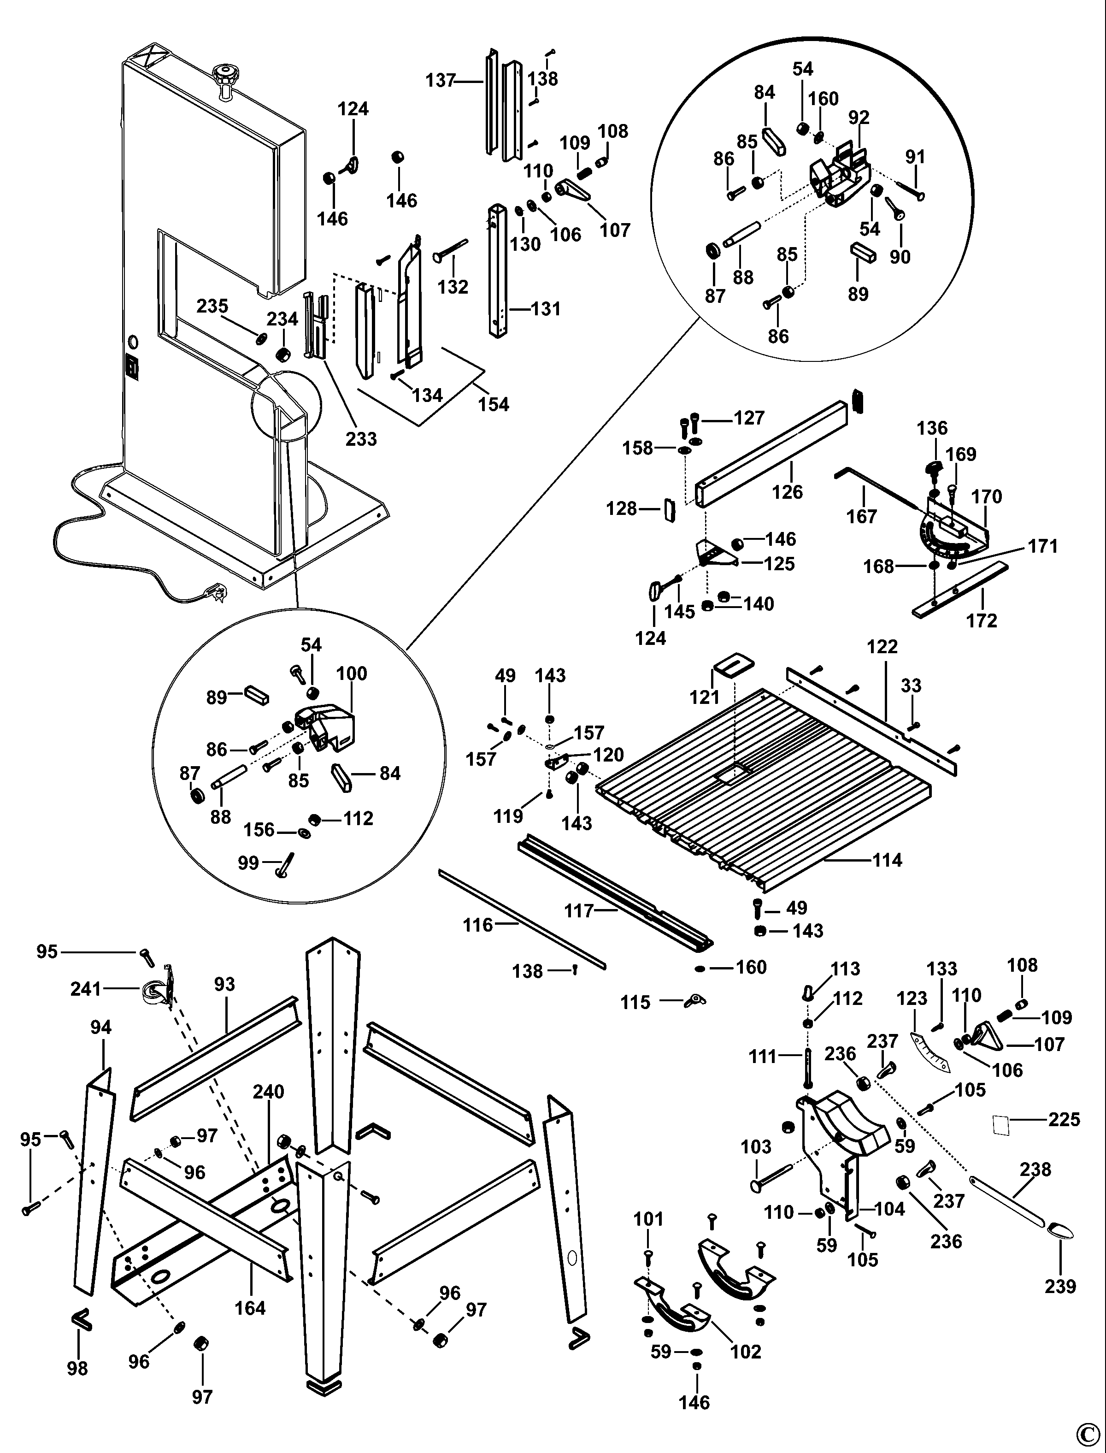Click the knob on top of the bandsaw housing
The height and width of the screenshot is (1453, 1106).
click(226, 73)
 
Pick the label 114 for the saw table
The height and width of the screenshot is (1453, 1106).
click(887, 860)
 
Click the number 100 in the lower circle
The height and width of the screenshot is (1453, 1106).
click(352, 673)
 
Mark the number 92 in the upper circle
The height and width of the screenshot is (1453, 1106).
click(859, 117)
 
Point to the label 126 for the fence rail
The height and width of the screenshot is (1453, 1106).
click(788, 492)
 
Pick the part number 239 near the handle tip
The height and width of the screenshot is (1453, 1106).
click(1060, 1286)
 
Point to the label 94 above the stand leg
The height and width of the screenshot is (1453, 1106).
click(101, 1027)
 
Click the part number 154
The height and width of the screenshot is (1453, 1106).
click(494, 404)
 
